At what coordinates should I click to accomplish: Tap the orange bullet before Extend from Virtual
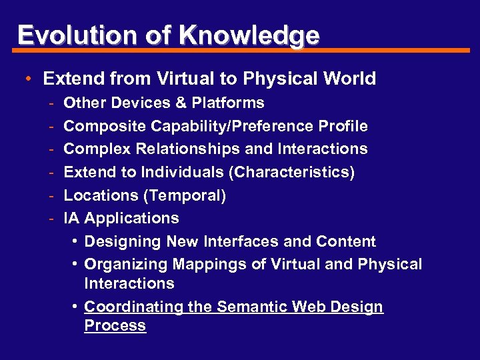(x=30, y=79)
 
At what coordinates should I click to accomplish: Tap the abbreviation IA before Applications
(x=72, y=218)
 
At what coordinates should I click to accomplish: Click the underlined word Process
(x=115, y=326)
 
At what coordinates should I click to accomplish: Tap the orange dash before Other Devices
(x=51, y=103)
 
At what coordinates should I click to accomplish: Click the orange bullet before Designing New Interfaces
(x=76, y=241)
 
